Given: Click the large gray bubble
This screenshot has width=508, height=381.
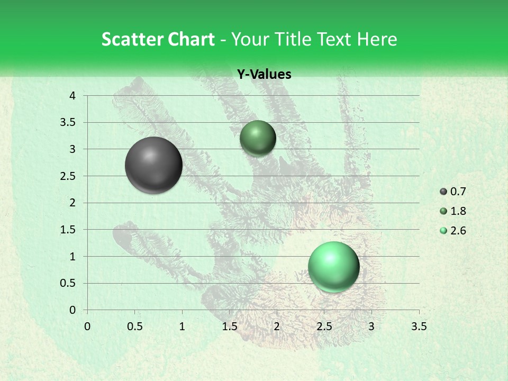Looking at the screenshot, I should (153, 165).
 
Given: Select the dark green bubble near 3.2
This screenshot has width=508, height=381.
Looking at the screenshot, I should (258, 138).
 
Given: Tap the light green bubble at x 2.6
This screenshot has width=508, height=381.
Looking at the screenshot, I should (333, 267).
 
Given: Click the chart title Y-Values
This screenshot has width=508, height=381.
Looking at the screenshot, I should (264, 75).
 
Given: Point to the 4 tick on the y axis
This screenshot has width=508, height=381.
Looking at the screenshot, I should (72, 96).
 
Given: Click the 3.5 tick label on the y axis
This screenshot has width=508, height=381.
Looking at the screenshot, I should (68, 122).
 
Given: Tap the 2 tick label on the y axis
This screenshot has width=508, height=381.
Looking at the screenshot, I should (72, 203).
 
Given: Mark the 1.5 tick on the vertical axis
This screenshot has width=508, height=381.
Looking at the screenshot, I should (68, 230).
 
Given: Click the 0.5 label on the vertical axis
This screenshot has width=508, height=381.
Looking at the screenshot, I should (68, 283).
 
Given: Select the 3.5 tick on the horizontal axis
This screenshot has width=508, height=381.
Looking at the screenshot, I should (419, 326).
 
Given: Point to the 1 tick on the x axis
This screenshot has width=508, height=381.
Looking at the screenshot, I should (182, 326).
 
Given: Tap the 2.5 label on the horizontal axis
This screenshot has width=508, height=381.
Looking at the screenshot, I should (324, 326).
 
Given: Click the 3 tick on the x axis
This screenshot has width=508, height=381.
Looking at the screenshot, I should (371, 326).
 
